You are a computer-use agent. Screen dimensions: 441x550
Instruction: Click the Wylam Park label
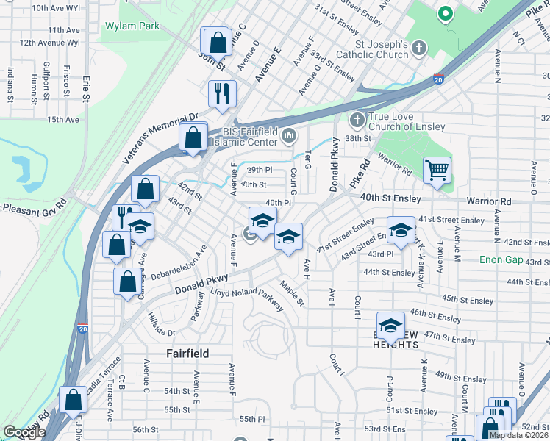(x=132, y=26)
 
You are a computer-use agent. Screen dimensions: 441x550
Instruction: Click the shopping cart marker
(x=437, y=171)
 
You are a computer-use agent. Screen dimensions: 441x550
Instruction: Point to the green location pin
(x=444, y=13)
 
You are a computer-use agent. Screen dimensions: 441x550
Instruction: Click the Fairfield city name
(x=187, y=354)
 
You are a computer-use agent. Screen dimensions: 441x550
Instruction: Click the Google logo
(x=24, y=433)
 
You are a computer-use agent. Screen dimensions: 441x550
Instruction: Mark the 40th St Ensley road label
(x=390, y=198)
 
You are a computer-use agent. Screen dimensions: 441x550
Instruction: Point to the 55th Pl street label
(x=251, y=419)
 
